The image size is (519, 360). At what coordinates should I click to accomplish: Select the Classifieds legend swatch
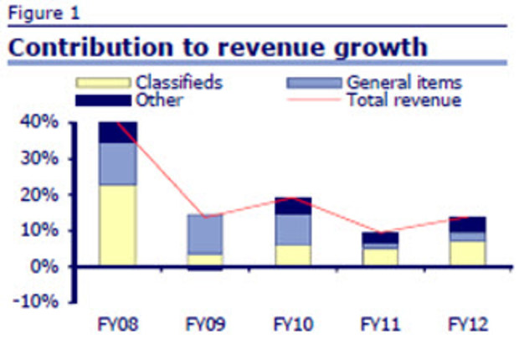coord(103,83)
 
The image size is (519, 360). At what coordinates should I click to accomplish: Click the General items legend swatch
coord(314,83)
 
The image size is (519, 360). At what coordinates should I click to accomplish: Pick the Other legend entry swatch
coord(103,100)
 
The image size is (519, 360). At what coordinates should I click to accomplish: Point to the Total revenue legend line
coord(314,100)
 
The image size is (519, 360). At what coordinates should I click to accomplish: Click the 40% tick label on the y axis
coord(42,122)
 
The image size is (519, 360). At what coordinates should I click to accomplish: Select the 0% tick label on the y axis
coord(46,266)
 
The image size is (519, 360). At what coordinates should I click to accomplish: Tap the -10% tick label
coord(39,302)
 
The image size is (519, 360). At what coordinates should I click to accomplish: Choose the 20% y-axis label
coord(42,194)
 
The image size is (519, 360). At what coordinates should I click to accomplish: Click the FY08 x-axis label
coord(117,322)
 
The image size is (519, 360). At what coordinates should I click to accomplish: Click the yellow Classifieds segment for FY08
coord(117,225)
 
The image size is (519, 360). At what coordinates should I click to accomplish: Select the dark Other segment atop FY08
coord(117,132)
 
